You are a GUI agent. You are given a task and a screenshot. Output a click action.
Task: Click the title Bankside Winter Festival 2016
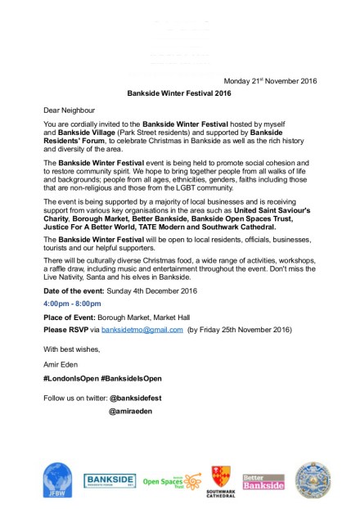[x=179, y=93]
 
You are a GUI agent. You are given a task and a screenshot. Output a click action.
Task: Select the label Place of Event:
[x=71, y=316]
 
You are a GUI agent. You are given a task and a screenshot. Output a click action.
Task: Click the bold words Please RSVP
[x=69, y=329]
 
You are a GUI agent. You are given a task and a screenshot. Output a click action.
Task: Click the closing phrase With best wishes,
[x=71, y=345]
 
